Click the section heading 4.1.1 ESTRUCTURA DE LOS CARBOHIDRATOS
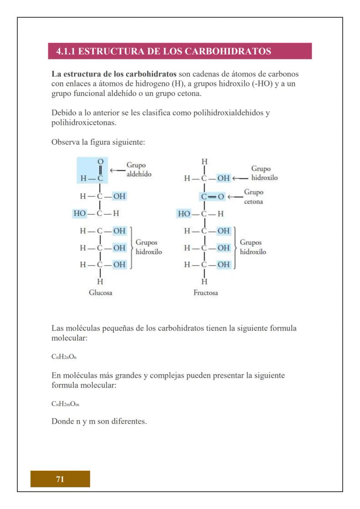pos(163,51)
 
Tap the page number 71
pos(60,479)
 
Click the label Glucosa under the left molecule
pos(100,293)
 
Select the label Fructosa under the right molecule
pos(206,293)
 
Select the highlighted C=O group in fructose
pos(213,196)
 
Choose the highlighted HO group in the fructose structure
pos(184,213)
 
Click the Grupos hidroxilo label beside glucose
pos(149,247)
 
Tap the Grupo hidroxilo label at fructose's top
pos(264,173)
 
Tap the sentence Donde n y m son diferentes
pos(99,421)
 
